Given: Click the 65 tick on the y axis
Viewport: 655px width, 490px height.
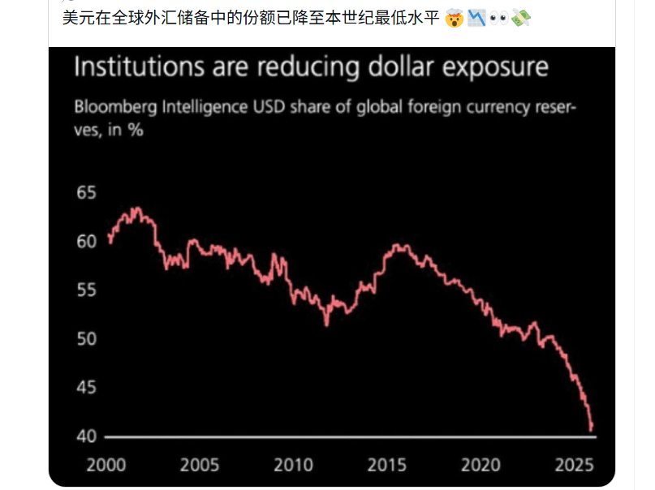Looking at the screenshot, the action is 87,192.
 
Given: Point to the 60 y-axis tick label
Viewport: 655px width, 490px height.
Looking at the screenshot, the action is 87,241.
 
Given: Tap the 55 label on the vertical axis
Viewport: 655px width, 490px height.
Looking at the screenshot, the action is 87,290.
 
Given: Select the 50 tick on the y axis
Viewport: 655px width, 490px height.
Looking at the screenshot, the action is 87,338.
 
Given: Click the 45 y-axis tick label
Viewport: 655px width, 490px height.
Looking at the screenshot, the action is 87,387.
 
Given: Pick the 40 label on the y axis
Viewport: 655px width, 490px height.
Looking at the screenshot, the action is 87,436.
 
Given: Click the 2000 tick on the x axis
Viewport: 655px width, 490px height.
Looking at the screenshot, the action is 106,465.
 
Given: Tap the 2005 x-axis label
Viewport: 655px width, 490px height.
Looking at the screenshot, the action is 200,465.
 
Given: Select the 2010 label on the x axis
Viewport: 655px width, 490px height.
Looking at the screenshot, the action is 293,465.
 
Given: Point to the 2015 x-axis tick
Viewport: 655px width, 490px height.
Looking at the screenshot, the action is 387,465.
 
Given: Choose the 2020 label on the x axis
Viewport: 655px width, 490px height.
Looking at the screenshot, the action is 480,465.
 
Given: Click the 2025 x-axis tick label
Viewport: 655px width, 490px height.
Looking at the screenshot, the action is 575,465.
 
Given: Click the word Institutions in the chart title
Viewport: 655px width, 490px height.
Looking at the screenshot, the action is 140,67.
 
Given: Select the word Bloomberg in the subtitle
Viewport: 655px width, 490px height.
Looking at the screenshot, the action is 116,107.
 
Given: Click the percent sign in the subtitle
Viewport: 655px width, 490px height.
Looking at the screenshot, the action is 136,131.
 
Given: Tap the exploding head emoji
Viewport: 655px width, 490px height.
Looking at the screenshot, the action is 454,19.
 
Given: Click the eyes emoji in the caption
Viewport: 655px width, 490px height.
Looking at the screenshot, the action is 498,19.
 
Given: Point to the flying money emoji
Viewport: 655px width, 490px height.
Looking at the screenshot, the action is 521,19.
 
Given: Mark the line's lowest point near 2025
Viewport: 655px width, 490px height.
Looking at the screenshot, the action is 591,430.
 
